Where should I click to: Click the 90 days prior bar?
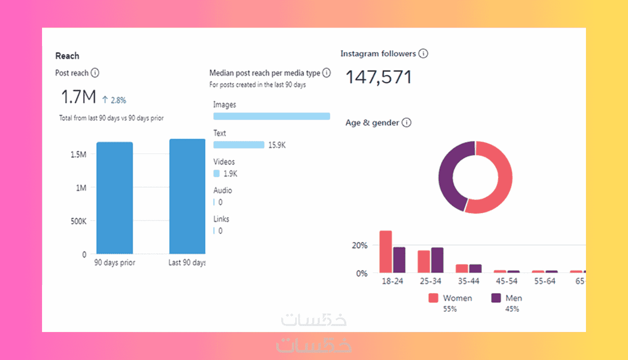(115, 197)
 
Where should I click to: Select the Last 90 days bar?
(187, 196)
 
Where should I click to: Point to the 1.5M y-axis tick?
(78, 154)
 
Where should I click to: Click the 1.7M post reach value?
(78, 97)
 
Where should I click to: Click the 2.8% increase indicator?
(114, 100)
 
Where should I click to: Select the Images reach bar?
(272, 116)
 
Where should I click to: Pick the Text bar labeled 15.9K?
(239, 145)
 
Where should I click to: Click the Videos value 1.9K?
(230, 174)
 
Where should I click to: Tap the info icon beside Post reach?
(95, 73)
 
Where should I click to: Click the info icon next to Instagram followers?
(423, 53)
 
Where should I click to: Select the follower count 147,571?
(379, 77)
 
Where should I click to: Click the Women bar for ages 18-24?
(385, 251)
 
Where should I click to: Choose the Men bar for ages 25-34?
(437, 260)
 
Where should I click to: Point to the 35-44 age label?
(469, 281)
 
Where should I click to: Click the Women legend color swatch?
(433, 298)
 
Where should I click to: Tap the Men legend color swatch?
(496, 298)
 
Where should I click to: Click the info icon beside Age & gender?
(406, 122)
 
